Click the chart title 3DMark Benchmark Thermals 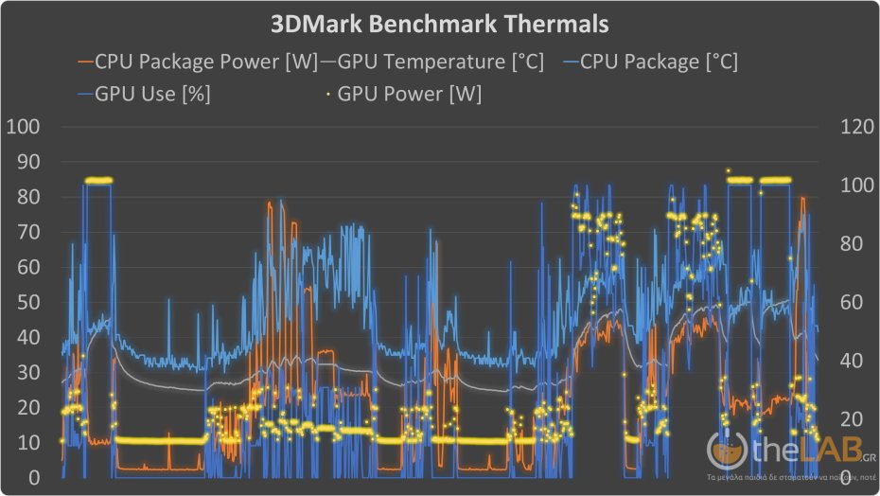point(439,22)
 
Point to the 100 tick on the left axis point(23,127)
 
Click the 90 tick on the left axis point(26,162)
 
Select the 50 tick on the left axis point(26,303)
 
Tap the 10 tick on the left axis point(26,443)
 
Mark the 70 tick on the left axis point(26,232)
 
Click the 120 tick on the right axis point(846,127)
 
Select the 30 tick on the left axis point(26,373)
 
